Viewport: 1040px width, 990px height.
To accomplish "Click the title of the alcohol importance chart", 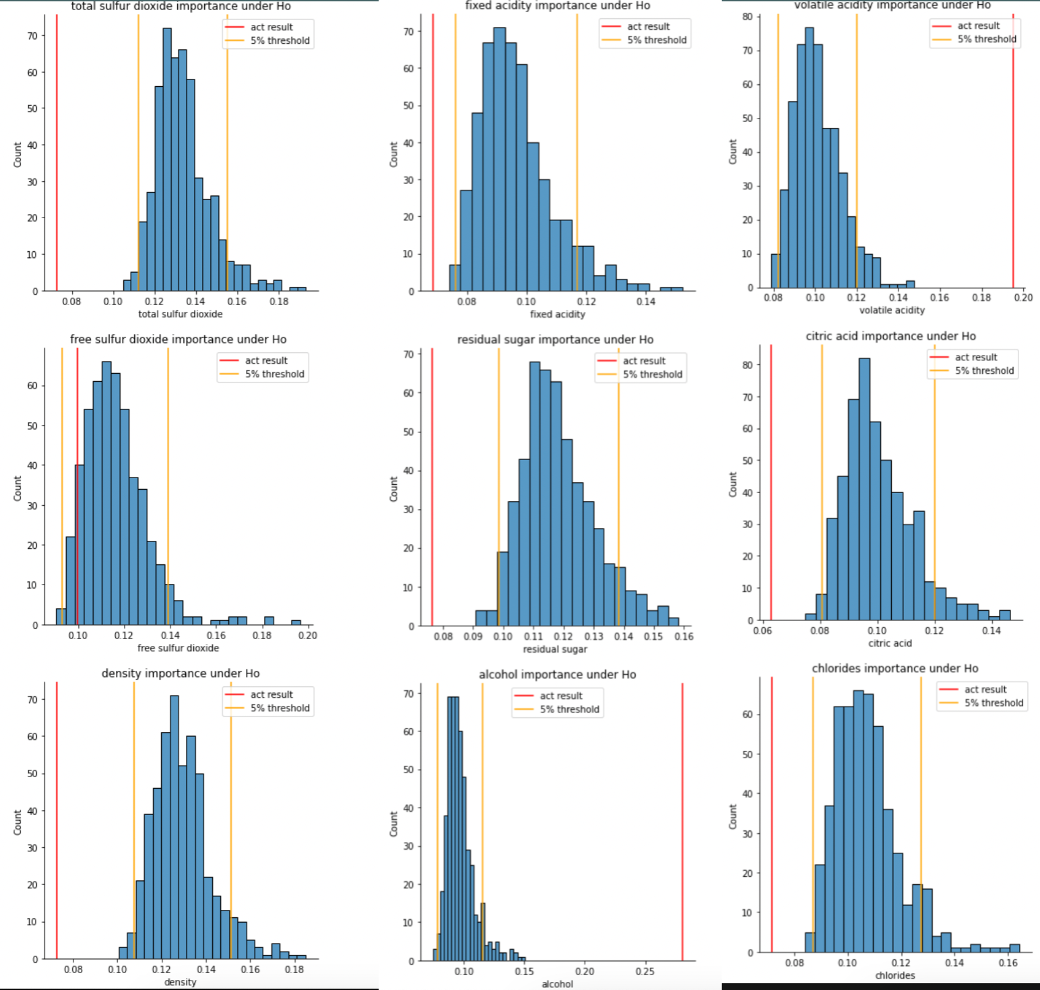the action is [557, 674].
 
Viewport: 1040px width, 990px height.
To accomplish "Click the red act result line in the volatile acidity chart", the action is [1013, 151].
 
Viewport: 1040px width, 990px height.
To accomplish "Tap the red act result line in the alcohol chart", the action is [682, 822].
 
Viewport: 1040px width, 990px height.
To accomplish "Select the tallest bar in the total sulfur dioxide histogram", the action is [167, 160].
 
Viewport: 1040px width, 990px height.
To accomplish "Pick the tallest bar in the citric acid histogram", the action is [864, 489].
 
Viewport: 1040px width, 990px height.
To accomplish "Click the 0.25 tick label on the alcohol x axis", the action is [645, 971].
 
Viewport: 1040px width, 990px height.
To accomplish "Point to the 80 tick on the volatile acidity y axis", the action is [748, 16].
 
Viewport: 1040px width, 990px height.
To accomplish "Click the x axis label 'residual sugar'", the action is [555, 649].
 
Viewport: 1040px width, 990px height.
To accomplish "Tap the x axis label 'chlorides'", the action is [895, 975].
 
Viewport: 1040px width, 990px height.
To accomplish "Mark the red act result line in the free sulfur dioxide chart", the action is [77, 486].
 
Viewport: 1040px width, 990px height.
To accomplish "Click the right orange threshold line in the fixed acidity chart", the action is [577, 152].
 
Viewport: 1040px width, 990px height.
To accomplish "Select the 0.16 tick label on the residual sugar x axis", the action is [684, 636].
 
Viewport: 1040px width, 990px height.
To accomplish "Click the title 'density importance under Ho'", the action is [181, 673].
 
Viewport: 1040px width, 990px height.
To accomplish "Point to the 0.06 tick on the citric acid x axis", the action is [762, 630].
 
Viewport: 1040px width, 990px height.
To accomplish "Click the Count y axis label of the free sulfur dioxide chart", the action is [18, 488].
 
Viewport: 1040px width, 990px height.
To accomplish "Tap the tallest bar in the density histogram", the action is [174, 827].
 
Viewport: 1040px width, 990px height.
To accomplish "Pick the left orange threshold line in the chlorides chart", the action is [813, 815].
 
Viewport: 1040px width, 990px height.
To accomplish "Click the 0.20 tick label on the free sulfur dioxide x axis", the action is [308, 635].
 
